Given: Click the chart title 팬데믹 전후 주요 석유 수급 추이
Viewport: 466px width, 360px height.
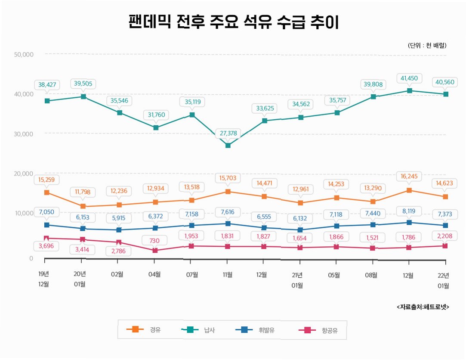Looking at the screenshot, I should tap(234, 22).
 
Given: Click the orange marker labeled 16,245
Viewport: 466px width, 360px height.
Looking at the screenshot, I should tap(409, 190).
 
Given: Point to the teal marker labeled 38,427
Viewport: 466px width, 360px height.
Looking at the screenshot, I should tap(47, 101).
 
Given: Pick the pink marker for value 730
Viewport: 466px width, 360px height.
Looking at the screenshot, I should tap(155, 250).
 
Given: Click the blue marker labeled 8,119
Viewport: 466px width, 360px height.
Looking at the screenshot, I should tap(409, 222).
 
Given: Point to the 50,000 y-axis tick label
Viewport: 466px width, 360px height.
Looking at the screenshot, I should tap(24, 54).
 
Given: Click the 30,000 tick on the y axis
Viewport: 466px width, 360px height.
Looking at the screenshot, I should tap(24, 133).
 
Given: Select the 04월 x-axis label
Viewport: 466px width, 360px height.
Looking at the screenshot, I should tap(154, 274).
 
